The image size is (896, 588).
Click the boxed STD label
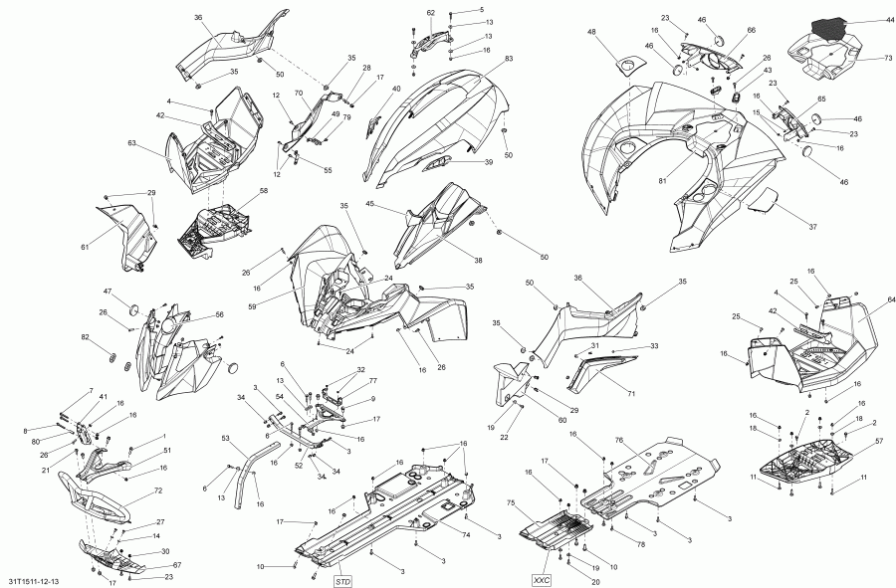[342, 580]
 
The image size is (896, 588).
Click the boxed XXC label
[541, 578]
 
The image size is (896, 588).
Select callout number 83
[509, 60]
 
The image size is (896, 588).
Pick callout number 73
[860, 59]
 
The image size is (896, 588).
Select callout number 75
[512, 503]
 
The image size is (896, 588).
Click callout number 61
[85, 247]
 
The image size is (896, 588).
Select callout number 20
[595, 582]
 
